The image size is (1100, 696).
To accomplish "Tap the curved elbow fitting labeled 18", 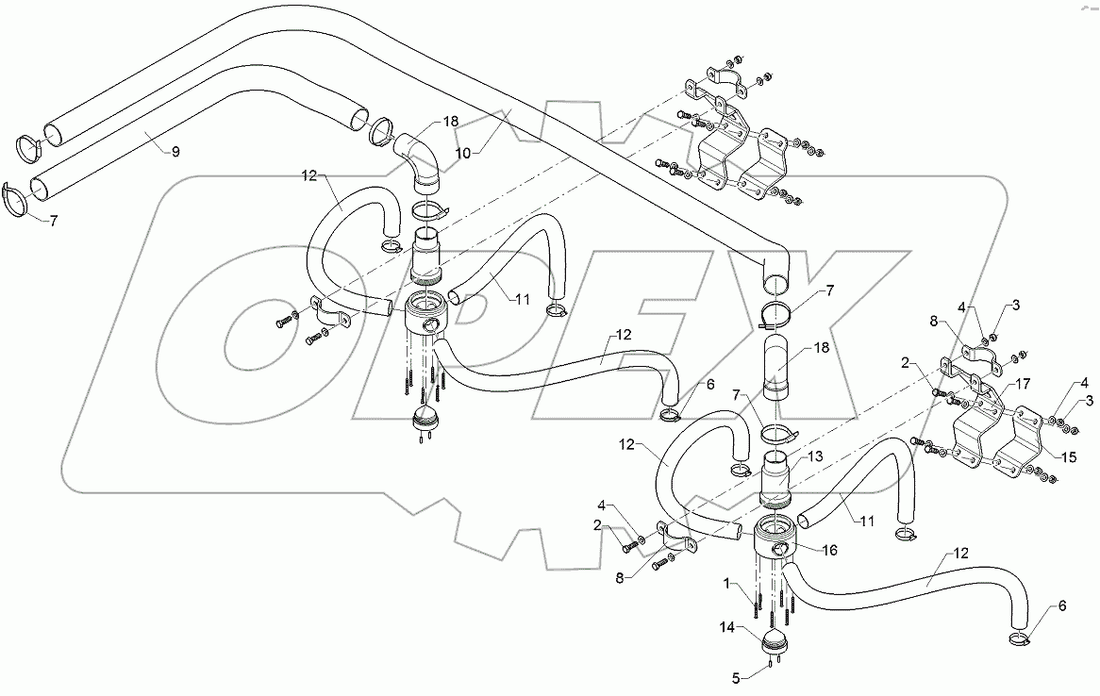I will click(421, 160).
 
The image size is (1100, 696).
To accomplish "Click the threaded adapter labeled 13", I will click(776, 482).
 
